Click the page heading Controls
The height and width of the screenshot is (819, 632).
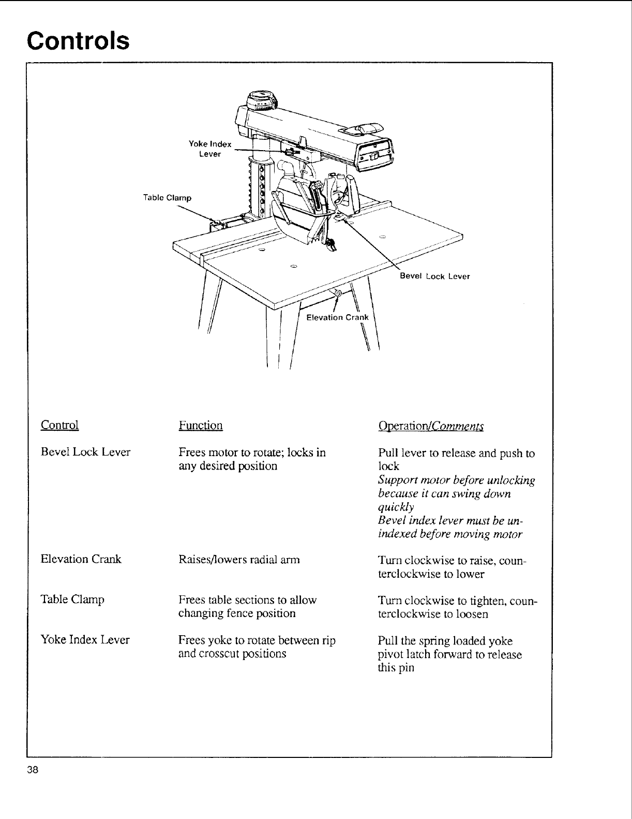[78, 40]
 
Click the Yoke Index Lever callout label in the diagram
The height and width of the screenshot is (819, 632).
[210, 149]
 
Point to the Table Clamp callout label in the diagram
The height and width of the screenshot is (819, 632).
[167, 198]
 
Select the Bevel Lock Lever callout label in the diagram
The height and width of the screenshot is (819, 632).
[435, 276]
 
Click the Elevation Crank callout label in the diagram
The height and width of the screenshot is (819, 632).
[338, 317]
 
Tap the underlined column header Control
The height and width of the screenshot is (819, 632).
[59, 425]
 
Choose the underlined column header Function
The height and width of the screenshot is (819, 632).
[201, 426]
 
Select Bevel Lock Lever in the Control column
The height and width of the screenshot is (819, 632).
[85, 452]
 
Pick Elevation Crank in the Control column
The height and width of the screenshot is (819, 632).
[81, 559]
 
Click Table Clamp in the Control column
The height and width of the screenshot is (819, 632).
[72, 599]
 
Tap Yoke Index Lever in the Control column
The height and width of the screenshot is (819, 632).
[85, 640]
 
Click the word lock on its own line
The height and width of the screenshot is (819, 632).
[388, 466]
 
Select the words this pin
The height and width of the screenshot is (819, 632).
[396, 668]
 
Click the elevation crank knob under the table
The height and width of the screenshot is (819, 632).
[337, 294]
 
